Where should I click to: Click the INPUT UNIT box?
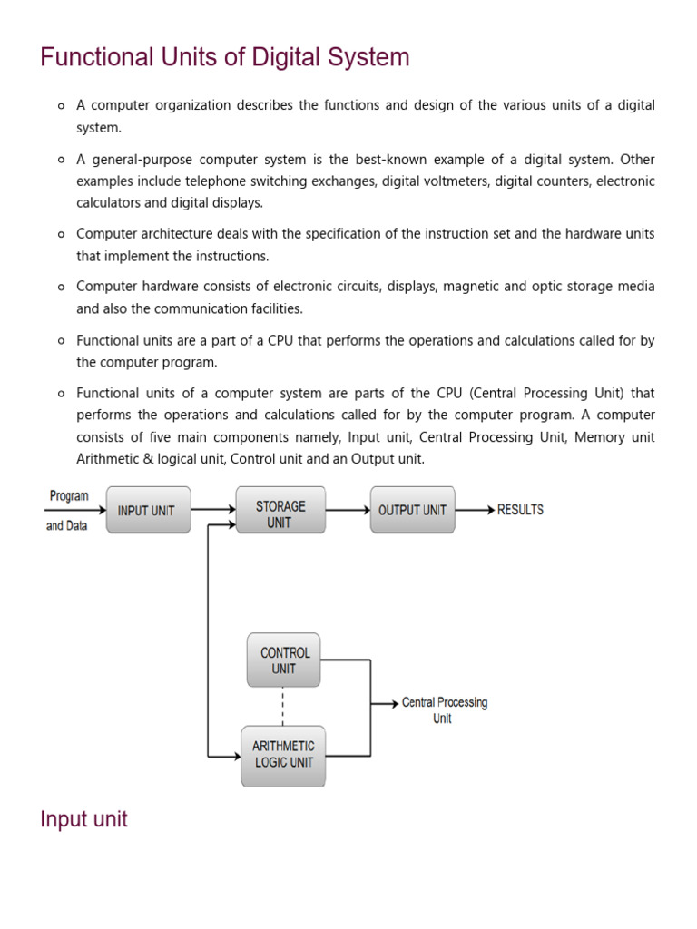[148, 510]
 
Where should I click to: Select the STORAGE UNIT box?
[280, 510]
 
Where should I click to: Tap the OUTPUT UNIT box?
[412, 510]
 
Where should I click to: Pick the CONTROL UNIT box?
[284, 660]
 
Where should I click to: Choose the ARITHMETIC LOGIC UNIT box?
[283, 755]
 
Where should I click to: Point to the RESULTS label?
[520, 510]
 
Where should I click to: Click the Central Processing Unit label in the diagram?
[444, 710]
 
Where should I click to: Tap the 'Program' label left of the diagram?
[68, 496]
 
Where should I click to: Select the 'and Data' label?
[66, 526]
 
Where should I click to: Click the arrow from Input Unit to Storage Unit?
[213, 510]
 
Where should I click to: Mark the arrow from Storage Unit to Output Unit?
[348, 510]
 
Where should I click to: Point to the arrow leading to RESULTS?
[475, 510]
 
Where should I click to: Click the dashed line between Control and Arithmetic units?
[283, 706]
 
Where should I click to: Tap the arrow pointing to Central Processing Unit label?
[385, 703]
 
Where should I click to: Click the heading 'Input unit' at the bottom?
[83, 819]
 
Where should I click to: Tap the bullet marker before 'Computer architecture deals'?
[61, 234]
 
